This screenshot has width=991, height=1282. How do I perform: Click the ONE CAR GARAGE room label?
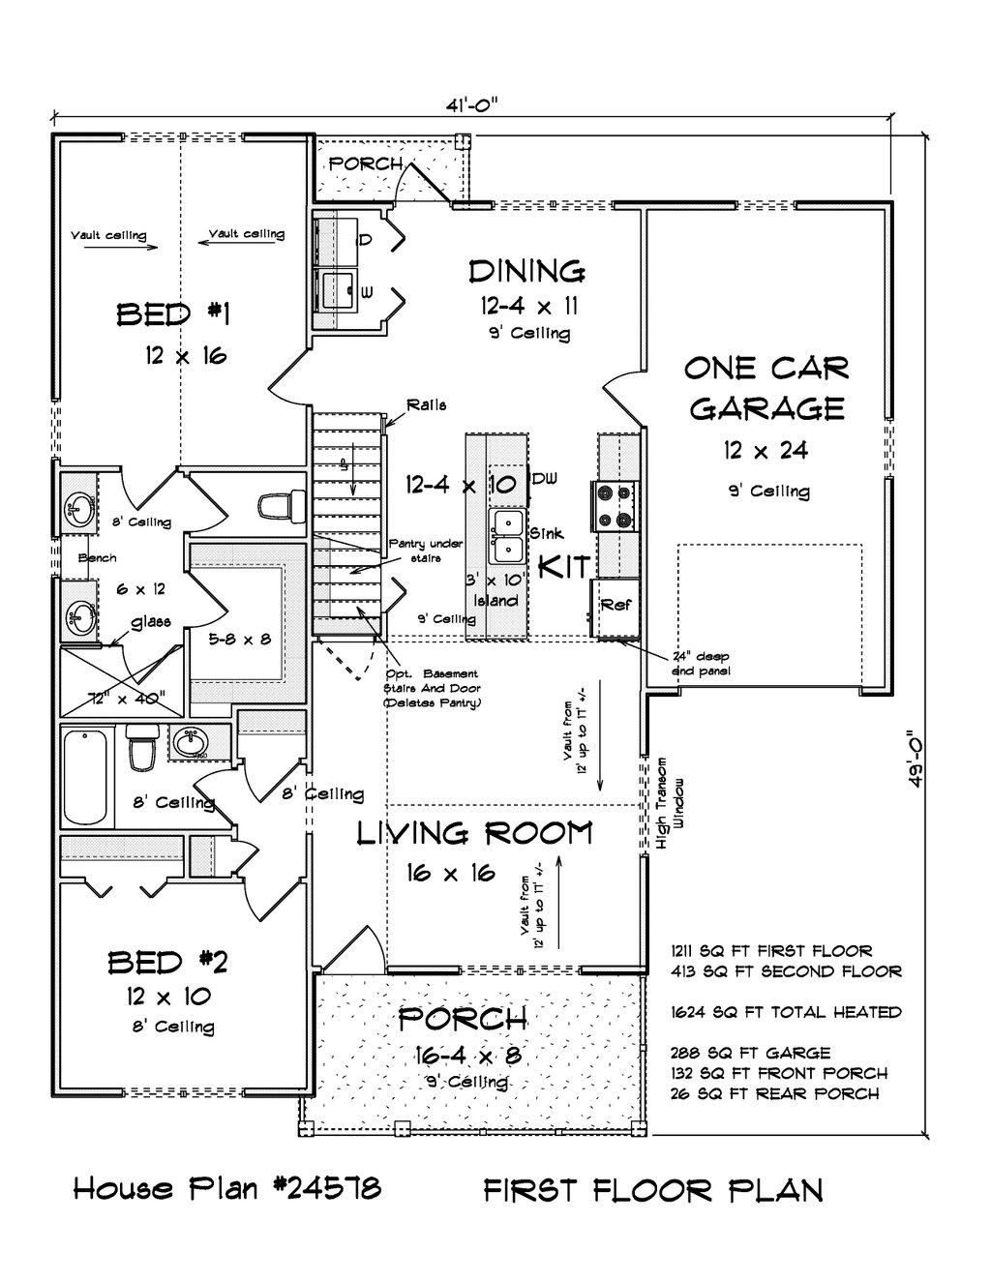[x=766, y=388]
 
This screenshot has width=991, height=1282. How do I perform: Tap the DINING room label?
[x=527, y=272]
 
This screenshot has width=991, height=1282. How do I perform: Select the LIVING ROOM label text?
[x=474, y=833]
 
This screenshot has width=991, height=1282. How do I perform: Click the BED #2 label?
[x=167, y=962]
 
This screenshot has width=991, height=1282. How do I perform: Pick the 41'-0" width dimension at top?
[x=473, y=104]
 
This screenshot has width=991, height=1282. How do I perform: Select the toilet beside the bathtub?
[x=140, y=750]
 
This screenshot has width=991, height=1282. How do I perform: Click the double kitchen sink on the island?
[x=507, y=536]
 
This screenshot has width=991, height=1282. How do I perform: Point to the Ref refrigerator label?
[x=616, y=606]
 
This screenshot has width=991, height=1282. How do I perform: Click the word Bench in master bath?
[x=98, y=558]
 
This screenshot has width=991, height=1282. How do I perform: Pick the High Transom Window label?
[x=671, y=802]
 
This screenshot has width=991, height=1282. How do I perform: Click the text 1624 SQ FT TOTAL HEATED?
[x=785, y=1012]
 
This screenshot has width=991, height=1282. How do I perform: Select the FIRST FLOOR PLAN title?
[x=653, y=1189]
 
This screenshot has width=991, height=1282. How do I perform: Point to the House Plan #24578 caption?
[x=226, y=1188]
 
